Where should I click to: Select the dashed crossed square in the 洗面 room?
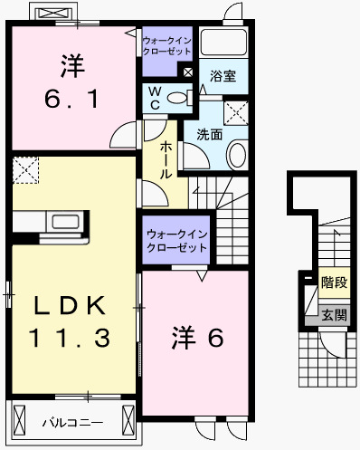(x=237, y=112)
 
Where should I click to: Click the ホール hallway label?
(x=166, y=158)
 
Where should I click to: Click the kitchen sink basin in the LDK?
(x=66, y=222)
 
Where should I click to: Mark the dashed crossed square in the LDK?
(x=26, y=169)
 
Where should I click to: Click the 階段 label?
(x=333, y=283)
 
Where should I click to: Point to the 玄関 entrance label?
(x=333, y=315)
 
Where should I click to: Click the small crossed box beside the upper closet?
(x=187, y=72)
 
